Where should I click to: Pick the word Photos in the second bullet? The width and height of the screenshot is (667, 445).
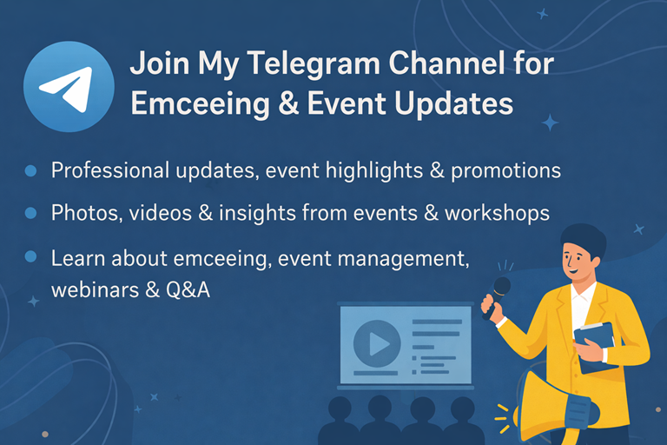79,212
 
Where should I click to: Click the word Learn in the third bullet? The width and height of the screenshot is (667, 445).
75,258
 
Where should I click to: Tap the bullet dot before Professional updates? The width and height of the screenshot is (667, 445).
31,170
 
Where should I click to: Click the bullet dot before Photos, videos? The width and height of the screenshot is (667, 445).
31,212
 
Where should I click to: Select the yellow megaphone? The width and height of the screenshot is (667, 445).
557,404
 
